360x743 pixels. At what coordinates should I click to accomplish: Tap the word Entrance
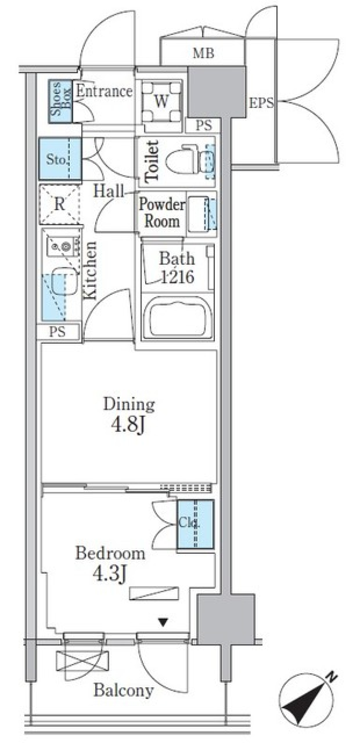click(104, 91)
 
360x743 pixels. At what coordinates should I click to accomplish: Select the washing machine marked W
click(161, 101)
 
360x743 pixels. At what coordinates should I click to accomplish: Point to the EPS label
click(261, 103)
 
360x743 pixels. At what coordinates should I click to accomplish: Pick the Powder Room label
click(162, 213)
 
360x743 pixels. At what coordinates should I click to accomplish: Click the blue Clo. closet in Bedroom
click(195, 524)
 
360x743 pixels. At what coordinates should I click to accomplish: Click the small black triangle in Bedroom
click(163, 623)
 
